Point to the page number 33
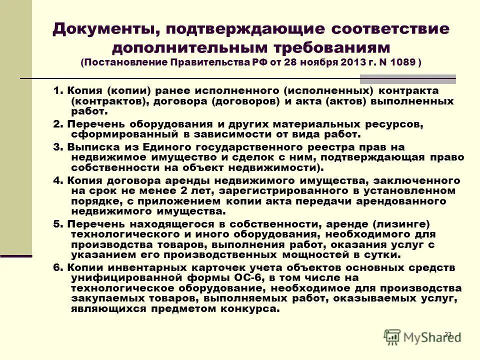[447, 334]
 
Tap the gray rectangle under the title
[407, 79]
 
